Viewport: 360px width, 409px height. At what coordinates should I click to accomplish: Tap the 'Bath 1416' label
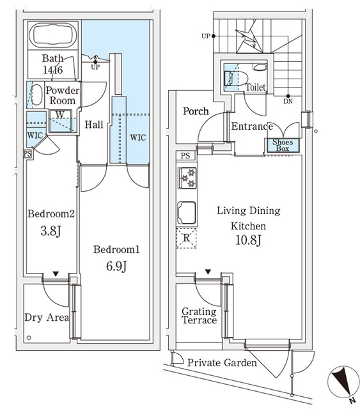pos(53,65)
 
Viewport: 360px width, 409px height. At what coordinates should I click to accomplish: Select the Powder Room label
pos(63,95)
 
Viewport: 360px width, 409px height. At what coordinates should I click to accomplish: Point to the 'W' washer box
pos(59,115)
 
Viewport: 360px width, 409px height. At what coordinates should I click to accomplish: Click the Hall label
pos(94,125)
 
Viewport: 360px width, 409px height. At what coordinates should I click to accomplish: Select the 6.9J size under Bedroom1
pos(114,266)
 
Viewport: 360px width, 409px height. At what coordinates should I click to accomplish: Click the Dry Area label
pos(46,318)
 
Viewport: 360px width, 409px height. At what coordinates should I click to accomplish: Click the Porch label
pos(196,111)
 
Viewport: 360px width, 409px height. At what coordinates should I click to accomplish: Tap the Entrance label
pos(251,127)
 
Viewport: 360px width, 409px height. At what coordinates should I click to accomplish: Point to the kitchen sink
pos(187,213)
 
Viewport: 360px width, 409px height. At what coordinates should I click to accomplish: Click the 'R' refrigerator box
pos(186,238)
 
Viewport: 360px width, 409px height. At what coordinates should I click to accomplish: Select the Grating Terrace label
pos(198,316)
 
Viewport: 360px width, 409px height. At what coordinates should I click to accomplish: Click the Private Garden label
pos(222,363)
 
